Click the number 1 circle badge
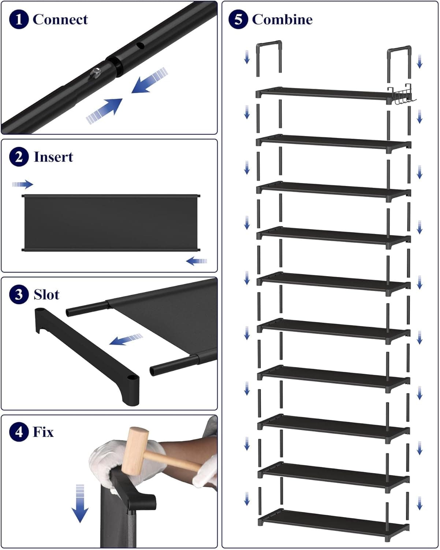[19, 19]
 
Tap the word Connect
[60, 19]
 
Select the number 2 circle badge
[19, 157]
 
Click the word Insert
[53, 157]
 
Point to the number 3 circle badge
[19, 294]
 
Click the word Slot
[46, 295]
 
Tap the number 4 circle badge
[19, 432]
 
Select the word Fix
[43, 432]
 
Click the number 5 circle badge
[238, 19]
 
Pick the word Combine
[282, 19]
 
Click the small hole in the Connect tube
[139, 46]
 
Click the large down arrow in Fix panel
[80, 504]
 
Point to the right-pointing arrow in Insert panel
[23, 184]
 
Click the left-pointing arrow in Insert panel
[197, 261]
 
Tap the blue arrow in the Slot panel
[126, 340]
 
